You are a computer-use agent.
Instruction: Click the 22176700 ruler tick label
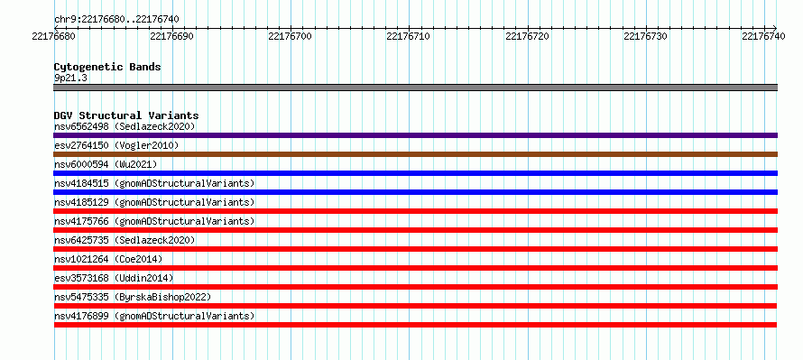tap(291, 36)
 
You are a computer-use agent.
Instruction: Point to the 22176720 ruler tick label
tap(528, 36)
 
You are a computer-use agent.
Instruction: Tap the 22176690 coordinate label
tap(172, 36)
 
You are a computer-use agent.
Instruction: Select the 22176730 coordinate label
tap(646, 36)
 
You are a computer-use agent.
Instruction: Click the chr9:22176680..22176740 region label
tap(116, 20)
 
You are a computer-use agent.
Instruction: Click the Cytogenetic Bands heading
tap(107, 67)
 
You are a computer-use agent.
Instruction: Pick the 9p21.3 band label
tap(70, 78)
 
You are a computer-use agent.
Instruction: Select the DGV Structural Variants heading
tap(126, 115)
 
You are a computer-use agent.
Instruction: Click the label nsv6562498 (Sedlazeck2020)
tap(125, 126)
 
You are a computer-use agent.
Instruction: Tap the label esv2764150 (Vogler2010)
tap(116, 145)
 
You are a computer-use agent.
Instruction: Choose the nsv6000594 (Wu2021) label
tap(106, 164)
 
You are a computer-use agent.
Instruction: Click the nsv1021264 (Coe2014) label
tap(108, 259)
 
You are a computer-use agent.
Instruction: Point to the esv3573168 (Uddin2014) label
tap(114, 278)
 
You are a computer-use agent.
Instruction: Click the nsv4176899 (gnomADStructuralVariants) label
tap(154, 316)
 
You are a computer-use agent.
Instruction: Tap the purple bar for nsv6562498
tap(415, 135)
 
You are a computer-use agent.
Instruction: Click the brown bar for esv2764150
tap(415, 154)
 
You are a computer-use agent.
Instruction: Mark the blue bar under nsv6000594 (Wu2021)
tap(415, 173)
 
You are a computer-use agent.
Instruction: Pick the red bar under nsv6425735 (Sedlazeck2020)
tap(415, 249)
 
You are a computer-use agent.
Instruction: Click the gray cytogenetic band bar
tap(415, 88)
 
